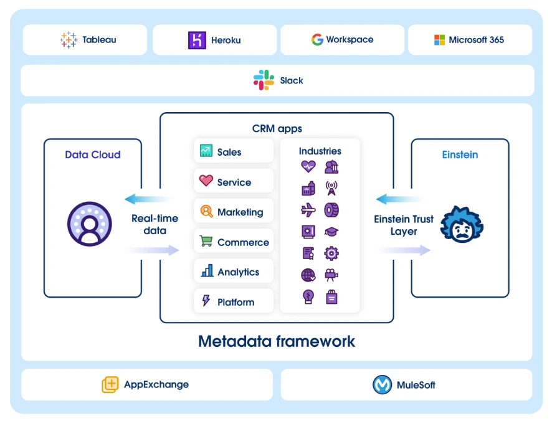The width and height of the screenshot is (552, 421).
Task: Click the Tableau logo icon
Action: tap(69, 40)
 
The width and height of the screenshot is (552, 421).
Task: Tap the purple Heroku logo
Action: tap(197, 40)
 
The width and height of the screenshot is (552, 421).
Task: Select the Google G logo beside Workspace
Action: tap(317, 40)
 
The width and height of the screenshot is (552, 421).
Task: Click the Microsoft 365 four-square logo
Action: tap(440, 40)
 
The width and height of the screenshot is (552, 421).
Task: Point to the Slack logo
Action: tap(264, 80)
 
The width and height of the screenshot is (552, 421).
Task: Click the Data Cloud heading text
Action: tap(93, 154)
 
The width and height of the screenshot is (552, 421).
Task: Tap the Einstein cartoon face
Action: tap(462, 225)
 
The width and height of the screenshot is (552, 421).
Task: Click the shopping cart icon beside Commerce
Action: tap(206, 241)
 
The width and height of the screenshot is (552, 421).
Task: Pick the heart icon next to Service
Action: tap(206, 181)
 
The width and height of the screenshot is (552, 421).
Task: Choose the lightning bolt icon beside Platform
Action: tap(206, 301)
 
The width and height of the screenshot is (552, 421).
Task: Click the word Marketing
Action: tap(240, 212)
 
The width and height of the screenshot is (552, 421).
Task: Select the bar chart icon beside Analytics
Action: tap(207, 271)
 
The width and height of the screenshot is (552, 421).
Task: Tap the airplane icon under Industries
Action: tap(308, 210)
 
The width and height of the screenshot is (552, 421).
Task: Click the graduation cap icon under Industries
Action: tap(331, 231)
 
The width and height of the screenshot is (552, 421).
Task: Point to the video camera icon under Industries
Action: tap(331, 275)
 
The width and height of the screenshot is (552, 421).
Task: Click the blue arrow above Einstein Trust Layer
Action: tap(391, 199)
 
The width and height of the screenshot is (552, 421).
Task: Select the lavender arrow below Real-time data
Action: tap(153, 250)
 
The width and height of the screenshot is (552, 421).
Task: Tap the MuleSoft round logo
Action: tap(382, 384)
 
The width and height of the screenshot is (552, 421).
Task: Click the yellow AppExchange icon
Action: tap(110, 384)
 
